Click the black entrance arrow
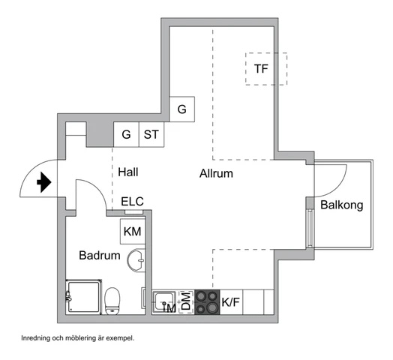tap(44, 182)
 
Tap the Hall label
tap(128, 172)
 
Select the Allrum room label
tap(216, 173)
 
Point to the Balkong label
tap(341, 205)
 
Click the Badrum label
tap(100, 256)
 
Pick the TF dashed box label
tap(261, 69)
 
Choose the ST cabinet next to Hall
tap(151, 134)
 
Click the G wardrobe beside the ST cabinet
tap(126, 134)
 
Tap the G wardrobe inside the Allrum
tap(182, 109)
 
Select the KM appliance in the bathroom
tap(133, 232)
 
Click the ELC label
tap(132, 201)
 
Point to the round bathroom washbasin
tap(136, 260)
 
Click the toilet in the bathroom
tap(112, 301)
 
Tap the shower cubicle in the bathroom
tap(84, 297)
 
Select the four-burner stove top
tap(207, 302)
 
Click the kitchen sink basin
tap(164, 301)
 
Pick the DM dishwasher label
tap(186, 301)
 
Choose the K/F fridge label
tap(230, 302)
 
